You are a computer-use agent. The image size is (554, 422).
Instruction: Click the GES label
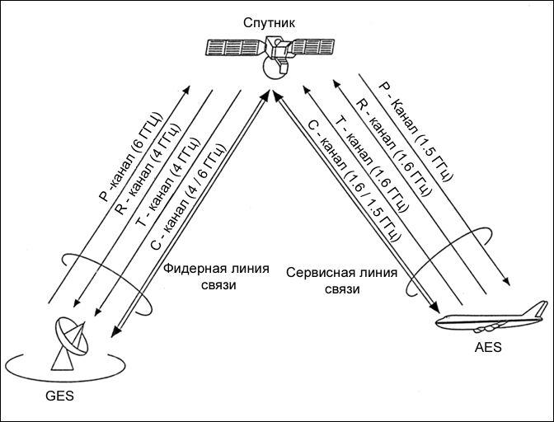coord(59,396)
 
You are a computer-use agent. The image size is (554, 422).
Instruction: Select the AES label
coord(488,348)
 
